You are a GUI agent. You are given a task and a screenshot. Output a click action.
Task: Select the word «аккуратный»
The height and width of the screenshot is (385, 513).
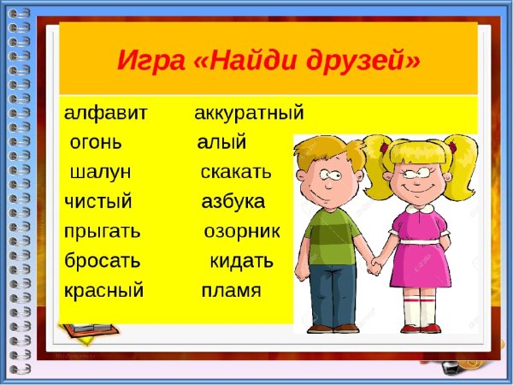249,113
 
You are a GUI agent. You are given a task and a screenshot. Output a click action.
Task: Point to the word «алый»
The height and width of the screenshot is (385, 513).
221,142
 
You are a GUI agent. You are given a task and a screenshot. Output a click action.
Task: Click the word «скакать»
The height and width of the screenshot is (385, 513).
236,172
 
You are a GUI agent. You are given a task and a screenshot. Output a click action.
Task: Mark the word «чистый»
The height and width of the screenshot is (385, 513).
98,202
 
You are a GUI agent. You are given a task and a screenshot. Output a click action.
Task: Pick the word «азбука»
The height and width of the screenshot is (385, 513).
233,202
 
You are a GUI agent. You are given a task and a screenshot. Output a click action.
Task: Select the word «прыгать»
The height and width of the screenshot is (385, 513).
103,232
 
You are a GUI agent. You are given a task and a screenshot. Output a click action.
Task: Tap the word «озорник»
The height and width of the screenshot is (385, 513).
248,232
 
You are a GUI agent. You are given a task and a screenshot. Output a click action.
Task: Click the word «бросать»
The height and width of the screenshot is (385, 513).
103,261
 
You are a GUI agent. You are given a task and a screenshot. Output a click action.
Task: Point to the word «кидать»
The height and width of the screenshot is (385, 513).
242,261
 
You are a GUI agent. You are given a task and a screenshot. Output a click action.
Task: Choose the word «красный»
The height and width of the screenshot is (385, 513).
104,291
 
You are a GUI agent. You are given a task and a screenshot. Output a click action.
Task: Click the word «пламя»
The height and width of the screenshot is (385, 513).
231,291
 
